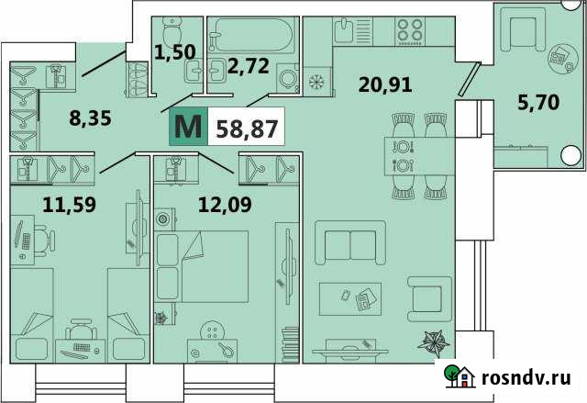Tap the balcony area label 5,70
point(537,104)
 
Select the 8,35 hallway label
point(90,118)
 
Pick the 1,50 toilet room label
point(174,51)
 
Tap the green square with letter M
point(188,127)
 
